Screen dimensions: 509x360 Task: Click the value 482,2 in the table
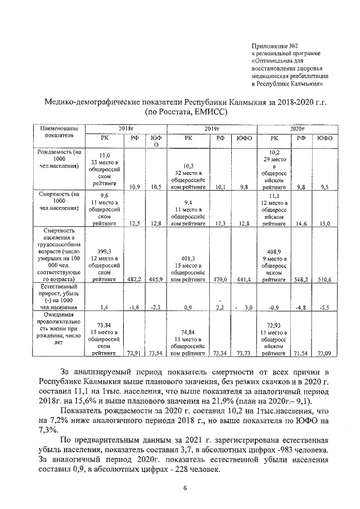(x=134, y=279)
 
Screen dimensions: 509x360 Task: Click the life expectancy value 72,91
(x=134, y=354)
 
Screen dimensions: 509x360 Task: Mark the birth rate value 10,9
(x=134, y=187)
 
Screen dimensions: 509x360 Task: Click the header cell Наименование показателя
(x=58, y=132)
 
